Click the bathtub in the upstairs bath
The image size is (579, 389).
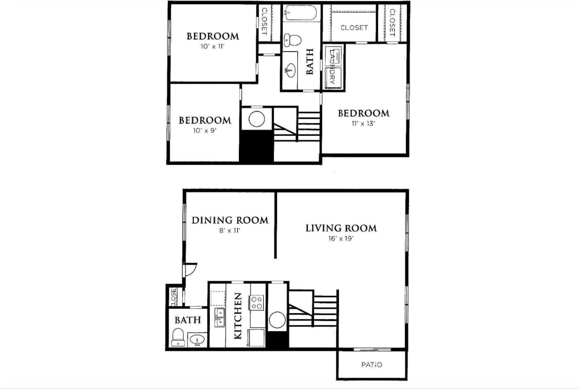[301, 13]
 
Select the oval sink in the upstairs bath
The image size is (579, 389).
[291, 68]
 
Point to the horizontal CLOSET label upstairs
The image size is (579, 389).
[354, 28]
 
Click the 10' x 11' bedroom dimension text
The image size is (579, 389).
[212, 46]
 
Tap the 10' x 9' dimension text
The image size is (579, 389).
[204, 131]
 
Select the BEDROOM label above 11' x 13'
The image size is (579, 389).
[363, 113]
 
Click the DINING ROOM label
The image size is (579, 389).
[230, 220]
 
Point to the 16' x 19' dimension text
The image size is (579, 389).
[341, 239]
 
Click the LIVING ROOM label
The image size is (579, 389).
[341, 228]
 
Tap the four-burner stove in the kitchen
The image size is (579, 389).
[257, 302]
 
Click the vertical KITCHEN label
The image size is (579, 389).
[238, 316]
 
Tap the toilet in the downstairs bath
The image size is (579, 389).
[178, 336]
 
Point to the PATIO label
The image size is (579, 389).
[371, 365]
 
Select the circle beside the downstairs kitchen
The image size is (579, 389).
[277, 319]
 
